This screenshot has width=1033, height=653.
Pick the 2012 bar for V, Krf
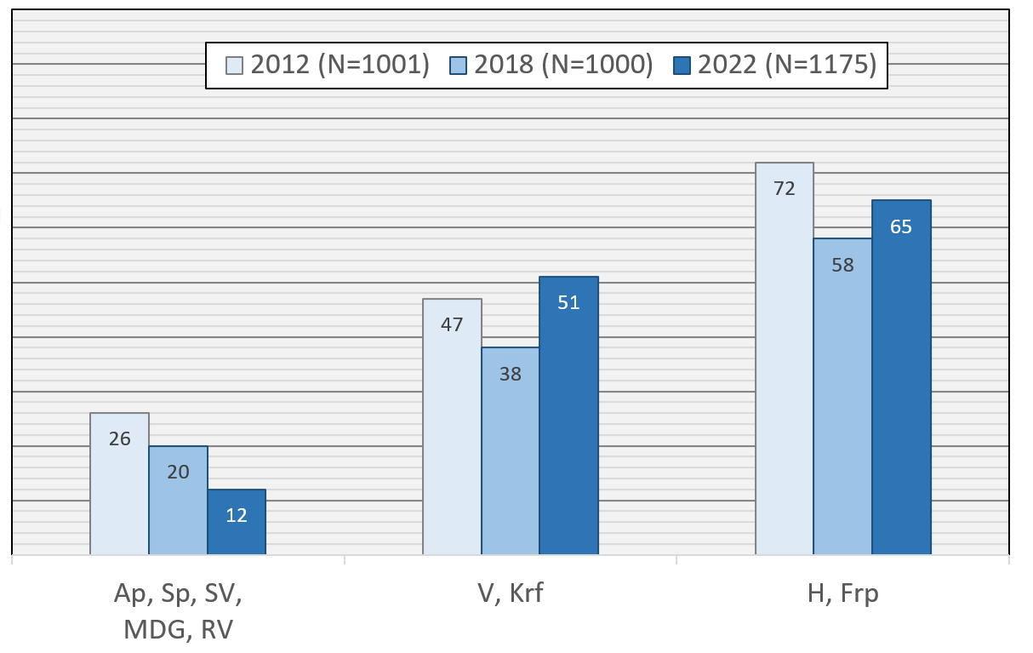point(452,427)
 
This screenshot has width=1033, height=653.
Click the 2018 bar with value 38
point(510,451)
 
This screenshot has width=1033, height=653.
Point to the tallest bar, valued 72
point(784,358)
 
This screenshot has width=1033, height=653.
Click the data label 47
point(452,324)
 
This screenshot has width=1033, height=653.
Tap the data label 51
point(568,302)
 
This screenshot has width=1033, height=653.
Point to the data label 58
point(842,264)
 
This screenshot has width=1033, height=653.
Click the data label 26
point(119,439)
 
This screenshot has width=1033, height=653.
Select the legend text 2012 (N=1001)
point(340,66)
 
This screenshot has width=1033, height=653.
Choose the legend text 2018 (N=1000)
point(563,66)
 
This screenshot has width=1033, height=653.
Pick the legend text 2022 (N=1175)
point(787,66)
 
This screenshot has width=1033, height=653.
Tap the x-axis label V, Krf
point(510,593)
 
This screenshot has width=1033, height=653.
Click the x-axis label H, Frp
point(842,593)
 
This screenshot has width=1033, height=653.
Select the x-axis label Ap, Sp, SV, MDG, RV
point(178,611)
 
